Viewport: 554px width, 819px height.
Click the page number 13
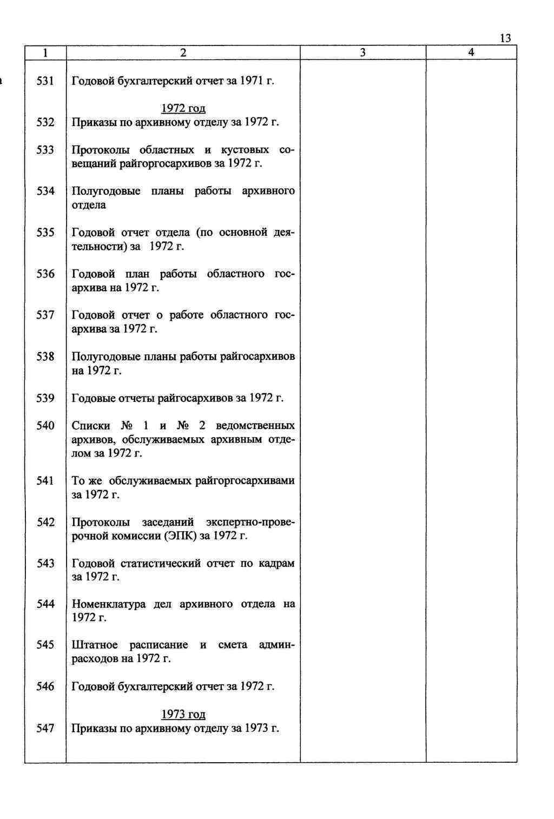[x=505, y=38]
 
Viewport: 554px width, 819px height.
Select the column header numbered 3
[x=362, y=52]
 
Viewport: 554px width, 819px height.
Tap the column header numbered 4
[x=471, y=52]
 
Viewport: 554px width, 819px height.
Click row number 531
[x=45, y=81]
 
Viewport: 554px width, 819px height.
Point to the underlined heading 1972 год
[x=183, y=108]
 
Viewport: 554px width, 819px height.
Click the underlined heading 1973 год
[x=183, y=715]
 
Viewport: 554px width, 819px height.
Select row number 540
[x=45, y=426]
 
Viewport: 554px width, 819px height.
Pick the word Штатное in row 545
[x=95, y=645]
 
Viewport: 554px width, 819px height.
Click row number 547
[x=45, y=729]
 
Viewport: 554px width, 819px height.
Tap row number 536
[x=45, y=274]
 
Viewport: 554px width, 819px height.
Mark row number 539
[x=45, y=399]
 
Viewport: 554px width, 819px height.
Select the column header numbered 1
[x=45, y=52]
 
